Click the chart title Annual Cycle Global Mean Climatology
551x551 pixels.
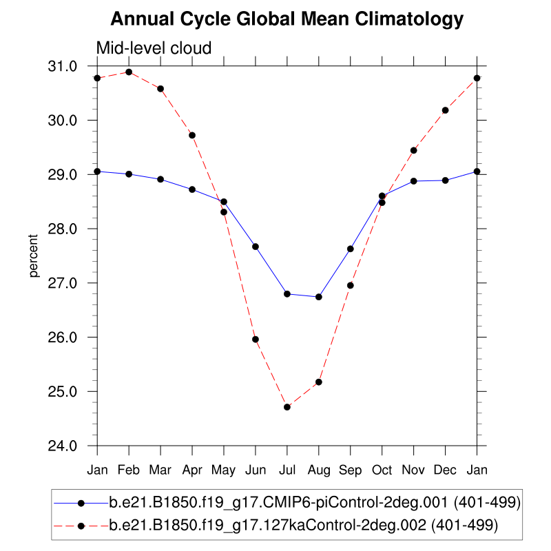tap(287, 19)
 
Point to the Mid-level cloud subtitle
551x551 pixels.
tap(153, 48)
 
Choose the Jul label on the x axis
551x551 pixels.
tap(287, 470)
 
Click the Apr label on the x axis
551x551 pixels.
tap(192, 470)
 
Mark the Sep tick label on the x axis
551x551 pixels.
tap(351, 470)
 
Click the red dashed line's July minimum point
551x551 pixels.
tap(287, 407)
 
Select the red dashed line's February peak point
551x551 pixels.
tap(129, 72)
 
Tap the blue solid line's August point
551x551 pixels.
tap(319, 297)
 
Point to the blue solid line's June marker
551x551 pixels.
tap(256, 247)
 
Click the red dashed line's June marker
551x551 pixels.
tap(256, 339)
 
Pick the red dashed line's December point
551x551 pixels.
tap(446, 110)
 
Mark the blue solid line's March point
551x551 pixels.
tap(160, 179)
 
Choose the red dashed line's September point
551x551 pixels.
tap(351, 285)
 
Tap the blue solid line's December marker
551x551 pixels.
tap(446, 180)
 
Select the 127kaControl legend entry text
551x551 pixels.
tap(303, 526)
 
